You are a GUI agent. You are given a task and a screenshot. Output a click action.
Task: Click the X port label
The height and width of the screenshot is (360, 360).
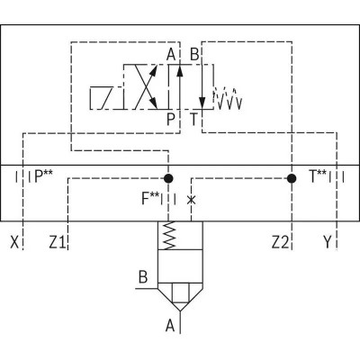point(14,242)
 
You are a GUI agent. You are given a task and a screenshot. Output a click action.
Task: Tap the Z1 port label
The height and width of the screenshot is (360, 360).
point(58,242)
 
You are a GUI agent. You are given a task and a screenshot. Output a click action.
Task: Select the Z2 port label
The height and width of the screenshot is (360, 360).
point(280,242)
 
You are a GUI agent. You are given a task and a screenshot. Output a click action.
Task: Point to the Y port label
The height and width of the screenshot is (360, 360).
point(328,242)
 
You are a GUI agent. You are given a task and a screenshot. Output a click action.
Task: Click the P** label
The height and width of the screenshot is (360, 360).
point(43,176)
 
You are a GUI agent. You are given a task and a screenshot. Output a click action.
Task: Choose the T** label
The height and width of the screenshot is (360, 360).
point(318,176)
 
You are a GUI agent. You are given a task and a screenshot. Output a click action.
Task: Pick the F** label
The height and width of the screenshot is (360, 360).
point(150,199)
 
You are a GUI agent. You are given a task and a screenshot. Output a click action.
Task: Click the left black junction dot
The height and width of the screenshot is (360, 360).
point(168,178)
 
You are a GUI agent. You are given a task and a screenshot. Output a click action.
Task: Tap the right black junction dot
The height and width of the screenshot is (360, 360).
point(292,178)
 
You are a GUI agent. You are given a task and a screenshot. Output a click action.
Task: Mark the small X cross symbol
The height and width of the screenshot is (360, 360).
point(191,200)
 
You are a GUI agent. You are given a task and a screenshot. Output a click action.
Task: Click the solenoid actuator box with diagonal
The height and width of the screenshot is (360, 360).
point(107,98)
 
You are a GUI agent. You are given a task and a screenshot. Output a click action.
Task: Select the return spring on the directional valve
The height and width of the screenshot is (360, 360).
point(228,98)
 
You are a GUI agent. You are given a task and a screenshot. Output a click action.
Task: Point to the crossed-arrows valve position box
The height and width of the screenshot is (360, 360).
point(146,86)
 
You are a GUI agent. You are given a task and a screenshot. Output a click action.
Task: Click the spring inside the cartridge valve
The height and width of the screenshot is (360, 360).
point(170,236)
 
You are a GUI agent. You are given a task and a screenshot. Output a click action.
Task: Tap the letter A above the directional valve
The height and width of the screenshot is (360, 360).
point(171,55)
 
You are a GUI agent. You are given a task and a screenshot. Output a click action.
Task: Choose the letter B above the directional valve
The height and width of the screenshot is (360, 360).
point(194,55)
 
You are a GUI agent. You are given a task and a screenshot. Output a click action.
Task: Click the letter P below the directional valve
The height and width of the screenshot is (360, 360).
point(170,119)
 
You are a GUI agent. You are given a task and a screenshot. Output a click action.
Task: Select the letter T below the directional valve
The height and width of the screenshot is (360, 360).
point(194,119)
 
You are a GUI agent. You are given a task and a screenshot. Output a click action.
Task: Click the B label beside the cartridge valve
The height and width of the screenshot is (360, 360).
point(143,277)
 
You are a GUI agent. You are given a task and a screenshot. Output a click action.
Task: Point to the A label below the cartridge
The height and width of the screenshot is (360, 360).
point(170,326)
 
